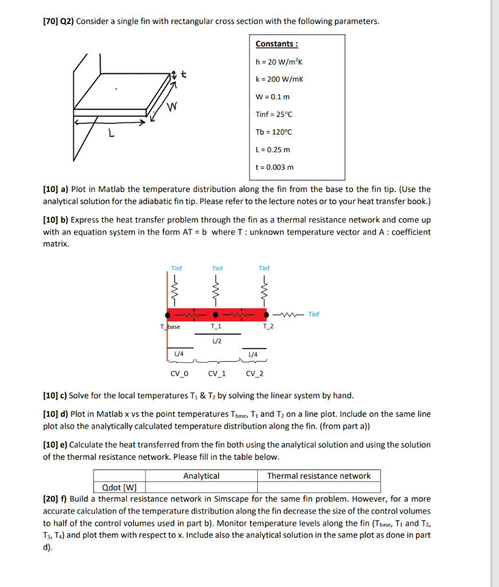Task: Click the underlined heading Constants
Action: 276,44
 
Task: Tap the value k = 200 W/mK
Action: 280,79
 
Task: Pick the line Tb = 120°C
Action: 273,132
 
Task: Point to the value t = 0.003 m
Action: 274,167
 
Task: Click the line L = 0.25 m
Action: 273,150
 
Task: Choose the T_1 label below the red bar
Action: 217,327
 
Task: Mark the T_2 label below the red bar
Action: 268,327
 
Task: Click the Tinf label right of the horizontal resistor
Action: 314,314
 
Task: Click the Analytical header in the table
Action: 201,476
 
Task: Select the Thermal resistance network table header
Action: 319,476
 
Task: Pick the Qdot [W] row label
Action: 119,488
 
